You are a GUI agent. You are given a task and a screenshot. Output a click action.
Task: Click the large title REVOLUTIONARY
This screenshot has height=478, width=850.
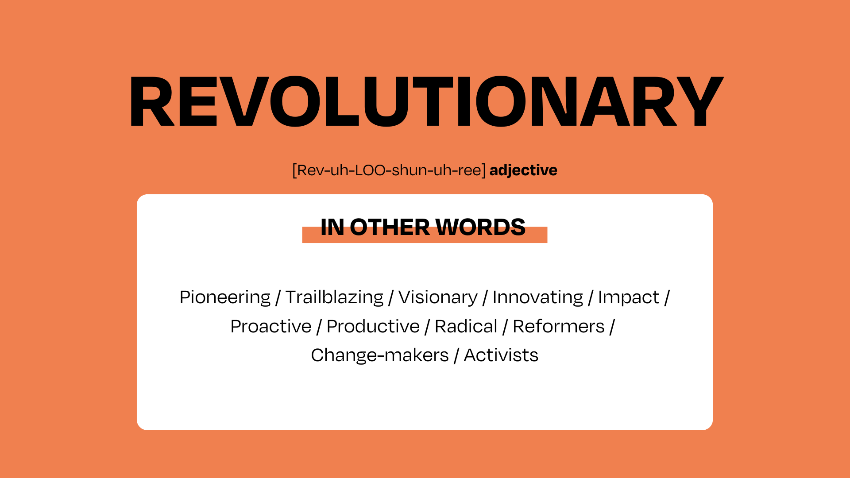click(x=426, y=102)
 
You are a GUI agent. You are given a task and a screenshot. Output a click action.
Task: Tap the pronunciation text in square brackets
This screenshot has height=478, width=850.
click(x=389, y=170)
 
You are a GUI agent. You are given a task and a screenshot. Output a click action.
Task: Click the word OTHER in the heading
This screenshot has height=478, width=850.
click(x=390, y=227)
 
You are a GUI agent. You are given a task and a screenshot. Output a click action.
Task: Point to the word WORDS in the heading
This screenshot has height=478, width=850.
click(x=480, y=227)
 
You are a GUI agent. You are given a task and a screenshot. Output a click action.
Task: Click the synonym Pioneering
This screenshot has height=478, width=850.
click(x=225, y=297)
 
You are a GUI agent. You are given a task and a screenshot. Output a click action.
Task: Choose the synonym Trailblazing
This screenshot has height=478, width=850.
click(x=334, y=297)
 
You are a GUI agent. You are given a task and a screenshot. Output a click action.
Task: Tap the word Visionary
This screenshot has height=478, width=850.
click(x=438, y=297)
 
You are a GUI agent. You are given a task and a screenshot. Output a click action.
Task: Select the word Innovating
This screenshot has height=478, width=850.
click(x=538, y=297)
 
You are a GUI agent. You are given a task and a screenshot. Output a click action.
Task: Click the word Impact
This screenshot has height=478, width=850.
click(x=629, y=297)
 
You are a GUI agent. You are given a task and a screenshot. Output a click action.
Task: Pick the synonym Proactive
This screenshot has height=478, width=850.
click(x=271, y=327)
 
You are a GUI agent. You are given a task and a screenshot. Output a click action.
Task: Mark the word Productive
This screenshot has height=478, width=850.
click(x=373, y=327)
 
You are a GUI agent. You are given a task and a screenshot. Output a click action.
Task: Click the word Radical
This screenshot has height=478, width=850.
click(x=466, y=327)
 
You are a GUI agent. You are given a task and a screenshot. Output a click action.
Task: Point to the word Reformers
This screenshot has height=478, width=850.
click(x=559, y=327)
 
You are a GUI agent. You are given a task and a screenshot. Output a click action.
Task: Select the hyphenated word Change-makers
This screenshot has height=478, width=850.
click(x=380, y=355)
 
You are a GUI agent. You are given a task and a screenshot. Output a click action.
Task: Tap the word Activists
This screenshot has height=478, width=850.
click(x=501, y=355)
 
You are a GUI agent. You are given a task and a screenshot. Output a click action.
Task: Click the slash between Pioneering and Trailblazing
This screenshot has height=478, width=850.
click(x=278, y=298)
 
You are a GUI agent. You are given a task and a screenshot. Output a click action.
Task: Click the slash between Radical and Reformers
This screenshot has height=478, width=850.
click(x=505, y=327)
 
